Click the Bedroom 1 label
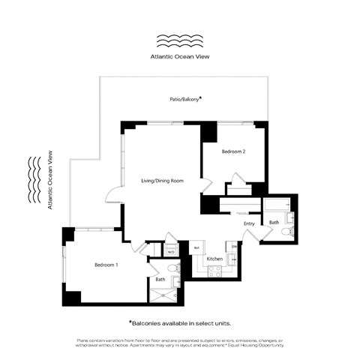106,265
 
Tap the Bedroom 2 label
233,152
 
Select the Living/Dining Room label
162,181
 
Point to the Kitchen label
214,259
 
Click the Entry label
250,223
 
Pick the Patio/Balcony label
184,99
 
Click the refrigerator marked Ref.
196,247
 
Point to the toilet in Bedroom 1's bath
173,267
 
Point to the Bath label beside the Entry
274,222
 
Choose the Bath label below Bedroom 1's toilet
160,280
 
